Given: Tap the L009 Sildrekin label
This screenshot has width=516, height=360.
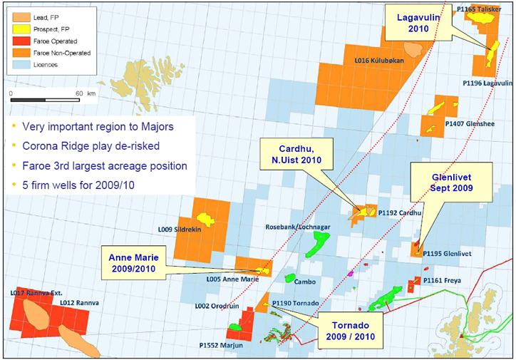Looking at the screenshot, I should (x=177, y=229).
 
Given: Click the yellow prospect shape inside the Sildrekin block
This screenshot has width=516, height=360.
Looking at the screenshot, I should (x=205, y=217).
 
